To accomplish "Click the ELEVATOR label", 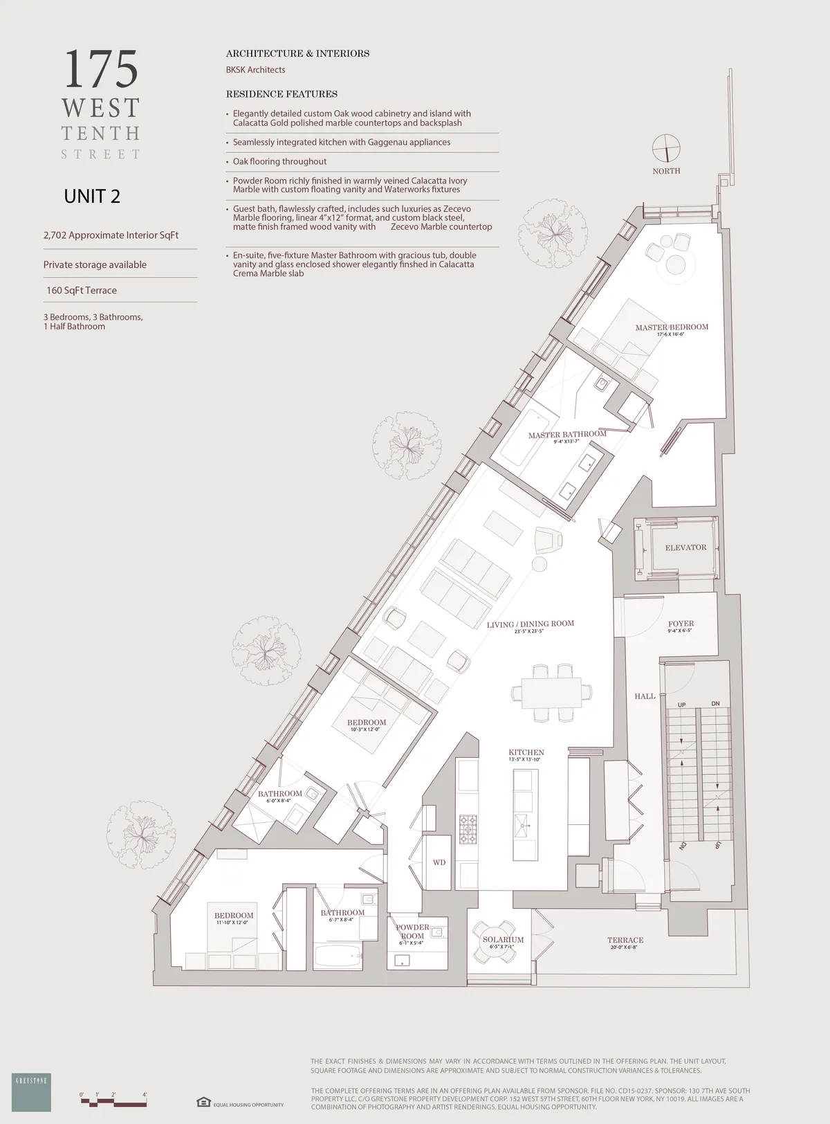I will click(685, 547).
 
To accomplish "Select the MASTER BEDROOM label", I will click(672, 327).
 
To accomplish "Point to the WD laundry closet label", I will click(439, 862).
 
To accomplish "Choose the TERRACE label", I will click(625, 940).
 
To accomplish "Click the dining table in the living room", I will click(551, 692).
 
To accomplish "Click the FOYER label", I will click(681, 624).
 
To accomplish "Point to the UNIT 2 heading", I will click(92, 197).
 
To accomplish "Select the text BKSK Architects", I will click(256, 70).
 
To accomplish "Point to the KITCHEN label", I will click(526, 752).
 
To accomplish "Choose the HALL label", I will click(645, 696).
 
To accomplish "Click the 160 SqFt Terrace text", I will click(82, 291).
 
